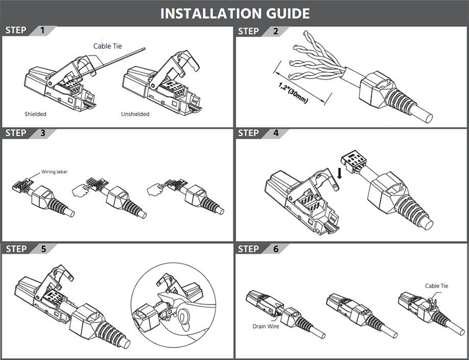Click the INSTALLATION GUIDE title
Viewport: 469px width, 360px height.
coord(235,14)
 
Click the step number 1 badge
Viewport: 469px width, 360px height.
coord(42,30)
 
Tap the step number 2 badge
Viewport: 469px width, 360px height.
coord(276,31)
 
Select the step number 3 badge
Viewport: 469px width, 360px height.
coord(43,133)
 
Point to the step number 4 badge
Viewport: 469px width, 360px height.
coord(276,133)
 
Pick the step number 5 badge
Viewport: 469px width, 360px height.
coord(43,249)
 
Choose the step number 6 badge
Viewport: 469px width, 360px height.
coord(276,249)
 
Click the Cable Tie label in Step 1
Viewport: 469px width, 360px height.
coord(108,46)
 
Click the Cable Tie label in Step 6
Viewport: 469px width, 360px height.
coord(436,286)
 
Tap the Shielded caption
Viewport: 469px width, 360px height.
coord(35,114)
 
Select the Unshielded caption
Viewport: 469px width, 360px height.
coord(135,114)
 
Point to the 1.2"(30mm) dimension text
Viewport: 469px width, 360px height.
coord(293,93)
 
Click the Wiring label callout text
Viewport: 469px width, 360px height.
coord(54,172)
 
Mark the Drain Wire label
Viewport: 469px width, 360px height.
coord(266,326)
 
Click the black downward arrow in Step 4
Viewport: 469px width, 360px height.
coord(340,173)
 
